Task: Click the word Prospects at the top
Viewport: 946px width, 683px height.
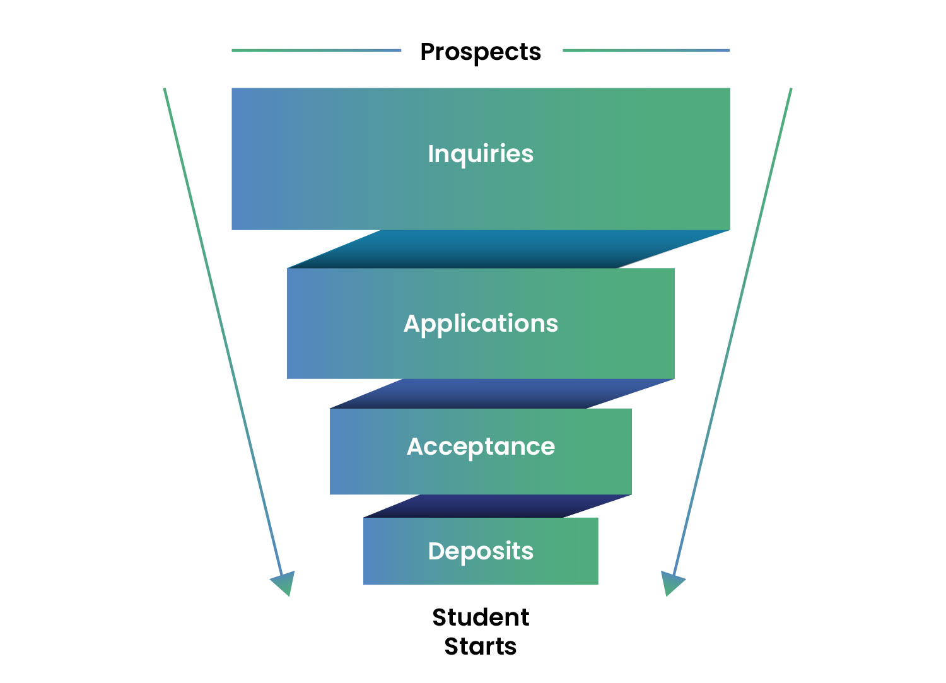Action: (481, 52)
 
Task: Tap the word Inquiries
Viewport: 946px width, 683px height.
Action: (481, 154)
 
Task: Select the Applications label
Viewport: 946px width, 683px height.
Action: (481, 324)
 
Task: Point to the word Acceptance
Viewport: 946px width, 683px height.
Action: (481, 447)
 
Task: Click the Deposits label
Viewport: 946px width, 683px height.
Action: (481, 551)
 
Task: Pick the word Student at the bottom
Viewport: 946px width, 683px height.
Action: (481, 617)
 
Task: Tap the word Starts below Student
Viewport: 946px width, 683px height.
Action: (481, 646)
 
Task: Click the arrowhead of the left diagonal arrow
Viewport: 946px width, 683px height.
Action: (284, 583)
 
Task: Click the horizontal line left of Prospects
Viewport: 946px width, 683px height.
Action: (316, 50)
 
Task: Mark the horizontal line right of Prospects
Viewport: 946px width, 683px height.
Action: (646, 50)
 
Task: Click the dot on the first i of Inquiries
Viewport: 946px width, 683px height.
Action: (431, 144)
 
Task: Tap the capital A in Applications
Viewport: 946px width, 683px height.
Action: (412, 324)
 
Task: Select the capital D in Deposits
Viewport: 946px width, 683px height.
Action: (436, 551)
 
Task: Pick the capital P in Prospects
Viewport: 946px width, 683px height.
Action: (428, 52)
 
